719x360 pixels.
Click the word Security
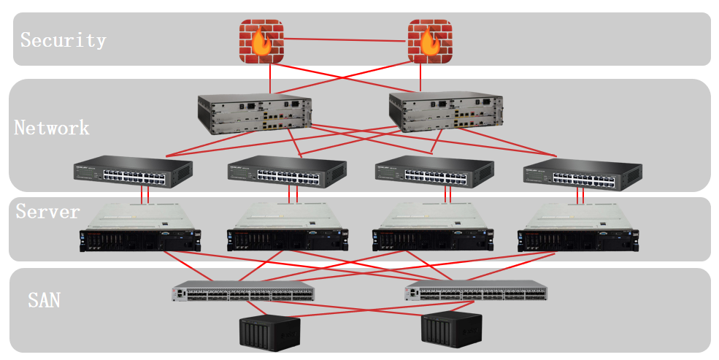coord(64,40)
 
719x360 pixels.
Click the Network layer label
coord(52,129)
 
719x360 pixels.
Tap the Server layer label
coord(48,212)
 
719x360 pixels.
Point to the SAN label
coord(44,299)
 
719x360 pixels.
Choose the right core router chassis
coord(445,112)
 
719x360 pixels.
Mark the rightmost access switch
coord(583,173)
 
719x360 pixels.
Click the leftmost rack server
coord(140,228)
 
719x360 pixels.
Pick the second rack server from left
coord(287,228)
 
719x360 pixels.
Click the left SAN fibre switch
coord(244,293)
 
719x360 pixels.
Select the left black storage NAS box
coord(270,332)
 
